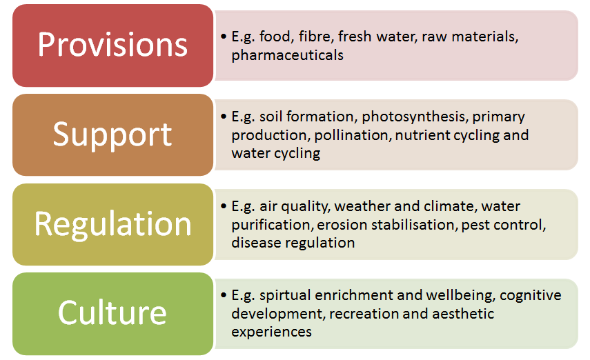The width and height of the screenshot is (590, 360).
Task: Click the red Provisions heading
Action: coord(112,45)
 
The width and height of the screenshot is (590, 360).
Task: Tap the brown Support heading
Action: coord(112,135)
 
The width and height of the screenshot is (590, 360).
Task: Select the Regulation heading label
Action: coord(112,225)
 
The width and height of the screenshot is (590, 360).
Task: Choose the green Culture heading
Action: coord(112,312)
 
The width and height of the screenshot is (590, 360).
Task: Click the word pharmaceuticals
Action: coord(288,55)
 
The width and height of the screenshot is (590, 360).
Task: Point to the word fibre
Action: coord(316,37)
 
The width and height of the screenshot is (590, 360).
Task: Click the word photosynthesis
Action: coord(415,117)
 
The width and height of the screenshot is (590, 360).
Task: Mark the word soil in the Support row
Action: coord(271,117)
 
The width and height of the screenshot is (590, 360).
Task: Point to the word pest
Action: coord(475,225)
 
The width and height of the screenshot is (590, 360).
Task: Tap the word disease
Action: coord(257,243)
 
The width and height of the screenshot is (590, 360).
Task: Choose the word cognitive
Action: coord(531,296)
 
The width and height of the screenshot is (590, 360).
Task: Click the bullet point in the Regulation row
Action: coord(224,206)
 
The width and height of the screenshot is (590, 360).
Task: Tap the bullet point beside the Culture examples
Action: coord(224,295)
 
